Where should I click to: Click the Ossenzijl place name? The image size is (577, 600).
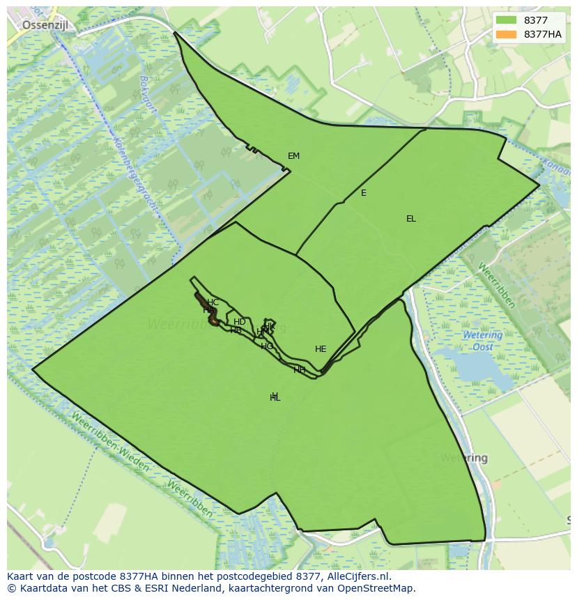(x=49, y=25)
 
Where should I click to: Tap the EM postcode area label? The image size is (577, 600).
(x=293, y=156)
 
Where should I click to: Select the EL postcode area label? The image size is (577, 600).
(x=411, y=219)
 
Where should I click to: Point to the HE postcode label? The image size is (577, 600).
(x=321, y=349)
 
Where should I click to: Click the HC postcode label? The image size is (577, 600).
(x=213, y=302)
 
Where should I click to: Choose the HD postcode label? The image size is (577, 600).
(x=239, y=322)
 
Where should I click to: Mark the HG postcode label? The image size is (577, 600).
(x=267, y=346)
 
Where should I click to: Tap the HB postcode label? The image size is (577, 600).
(x=236, y=330)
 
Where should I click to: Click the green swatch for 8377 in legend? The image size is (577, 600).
(x=507, y=20)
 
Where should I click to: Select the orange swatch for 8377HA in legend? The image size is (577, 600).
(x=507, y=34)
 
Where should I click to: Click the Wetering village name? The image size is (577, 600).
(x=464, y=459)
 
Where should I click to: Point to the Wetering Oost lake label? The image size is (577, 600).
(x=482, y=341)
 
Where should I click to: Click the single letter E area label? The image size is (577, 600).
(x=364, y=193)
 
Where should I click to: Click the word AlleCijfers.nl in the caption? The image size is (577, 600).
(x=359, y=576)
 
